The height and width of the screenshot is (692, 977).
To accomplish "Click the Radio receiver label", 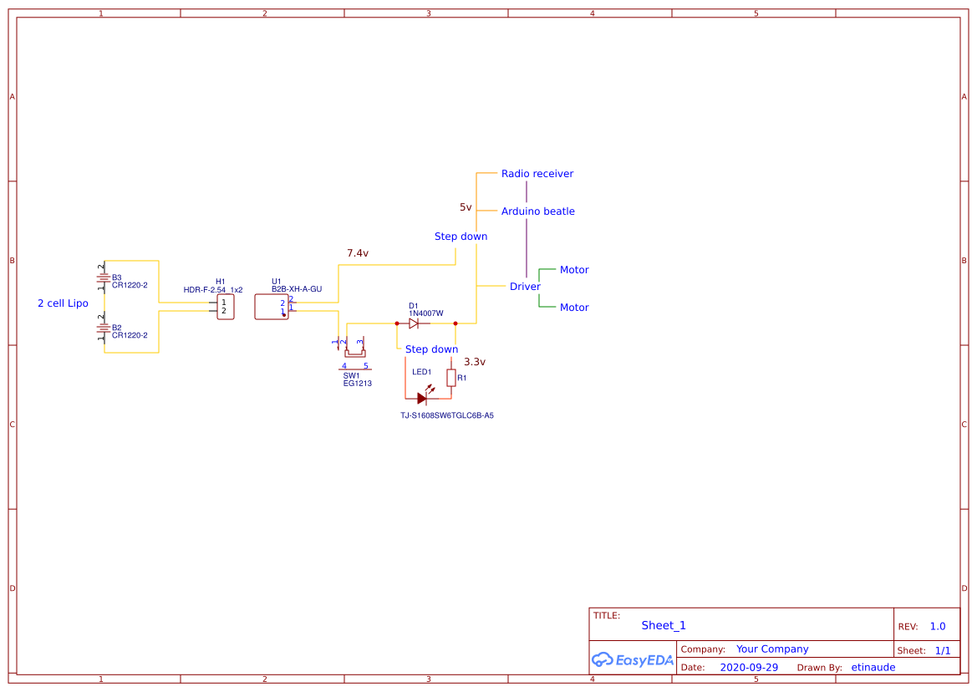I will (x=537, y=174).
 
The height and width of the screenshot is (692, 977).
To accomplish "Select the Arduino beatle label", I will (x=537, y=211).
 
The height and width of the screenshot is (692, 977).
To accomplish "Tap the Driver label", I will (x=525, y=287).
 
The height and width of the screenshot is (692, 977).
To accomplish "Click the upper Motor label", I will (x=574, y=270).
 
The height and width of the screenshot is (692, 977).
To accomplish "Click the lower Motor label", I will (x=574, y=308).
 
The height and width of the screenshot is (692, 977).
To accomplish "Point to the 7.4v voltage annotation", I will (x=358, y=253).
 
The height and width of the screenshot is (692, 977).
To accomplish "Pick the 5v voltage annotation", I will (x=466, y=207).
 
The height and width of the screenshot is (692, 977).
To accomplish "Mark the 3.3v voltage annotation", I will (x=474, y=362).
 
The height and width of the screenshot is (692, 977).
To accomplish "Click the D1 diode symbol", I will (x=414, y=323).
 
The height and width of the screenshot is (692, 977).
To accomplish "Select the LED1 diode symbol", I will (x=422, y=399).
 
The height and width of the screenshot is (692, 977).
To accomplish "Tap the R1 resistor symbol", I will (x=451, y=378).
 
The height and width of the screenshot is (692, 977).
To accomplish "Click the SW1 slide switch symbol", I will (x=354, y=350).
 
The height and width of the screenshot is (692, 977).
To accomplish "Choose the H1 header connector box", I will (x=225, y=307).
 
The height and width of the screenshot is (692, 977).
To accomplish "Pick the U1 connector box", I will (x=272, y=307).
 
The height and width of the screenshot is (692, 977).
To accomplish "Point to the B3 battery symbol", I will (x=102, y=279).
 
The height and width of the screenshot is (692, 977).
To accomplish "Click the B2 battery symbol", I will (x=102, y=329).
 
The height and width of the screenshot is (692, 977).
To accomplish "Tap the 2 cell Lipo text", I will (x=63, y=303).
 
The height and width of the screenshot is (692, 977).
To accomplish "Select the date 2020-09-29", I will (x=748, y=668).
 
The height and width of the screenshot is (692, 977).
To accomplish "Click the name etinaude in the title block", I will (x=873, y=668).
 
